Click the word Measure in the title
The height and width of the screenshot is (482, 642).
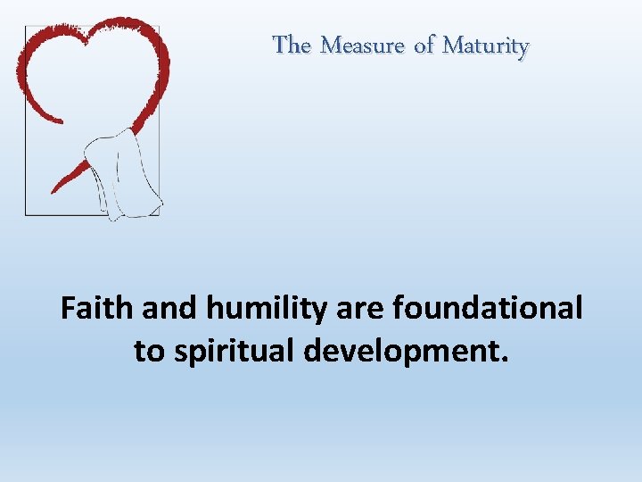coord(361,45)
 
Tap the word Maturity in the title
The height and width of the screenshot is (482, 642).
coord(486,45)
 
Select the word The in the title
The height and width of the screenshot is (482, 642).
coord(292,45)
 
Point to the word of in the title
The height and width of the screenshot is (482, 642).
coord(423,45)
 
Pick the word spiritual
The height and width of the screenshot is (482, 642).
coord(234,352)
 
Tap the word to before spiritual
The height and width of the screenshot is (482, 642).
coord(148,352)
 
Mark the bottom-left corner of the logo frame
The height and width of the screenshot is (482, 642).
coord(26,214)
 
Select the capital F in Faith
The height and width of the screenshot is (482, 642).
coord(69,309)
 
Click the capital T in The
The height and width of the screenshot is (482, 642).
coord(280,45)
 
